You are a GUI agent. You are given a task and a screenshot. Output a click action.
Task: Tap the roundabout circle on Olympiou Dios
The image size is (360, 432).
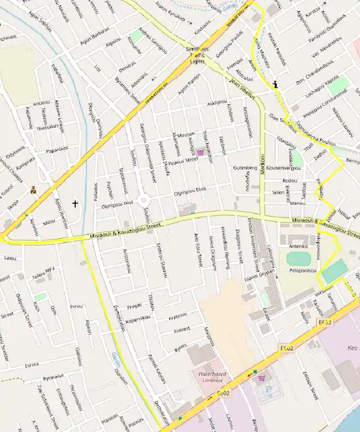[144, 200]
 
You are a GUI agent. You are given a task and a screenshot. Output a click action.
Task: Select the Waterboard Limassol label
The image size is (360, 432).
[210, 376]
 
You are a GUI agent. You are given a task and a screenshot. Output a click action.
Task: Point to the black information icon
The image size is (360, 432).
[276, 85]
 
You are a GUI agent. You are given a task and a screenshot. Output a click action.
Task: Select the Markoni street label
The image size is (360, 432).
[263, 166]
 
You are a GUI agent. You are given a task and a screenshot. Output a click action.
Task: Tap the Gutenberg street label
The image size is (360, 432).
[244, 167]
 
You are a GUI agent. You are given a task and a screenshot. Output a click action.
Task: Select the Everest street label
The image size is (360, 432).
[182, 330]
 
